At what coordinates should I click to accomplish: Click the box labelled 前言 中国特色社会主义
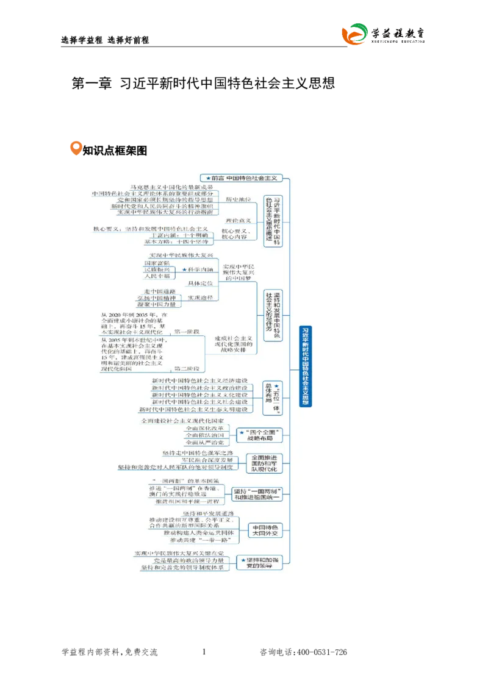point(243,178)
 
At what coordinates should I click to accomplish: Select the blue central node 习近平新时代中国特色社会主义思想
point(305,366)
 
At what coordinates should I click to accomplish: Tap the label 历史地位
point(237,199)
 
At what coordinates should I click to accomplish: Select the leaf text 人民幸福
point(157,276)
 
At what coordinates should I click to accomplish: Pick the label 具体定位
point(200,284)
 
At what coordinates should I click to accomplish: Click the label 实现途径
point(200,298)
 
